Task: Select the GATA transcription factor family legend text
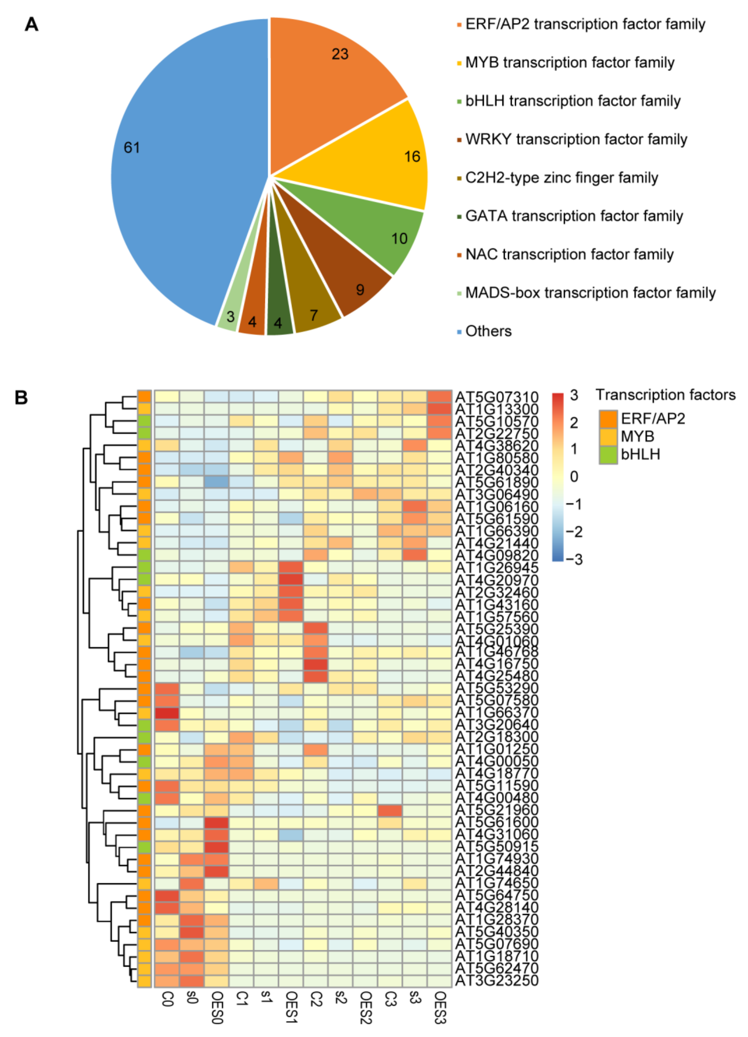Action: pyautogui.click(x=574, y=216)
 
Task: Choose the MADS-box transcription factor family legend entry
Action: pyautogui.click(x=590, y=293)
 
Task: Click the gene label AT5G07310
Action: pyautogui.click(x=496, y=397)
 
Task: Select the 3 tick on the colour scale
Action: pyautogui.click(x=574, y=395)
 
